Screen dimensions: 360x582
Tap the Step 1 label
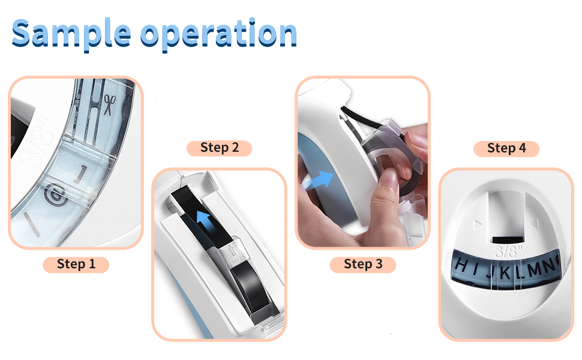click(x=76, y=264)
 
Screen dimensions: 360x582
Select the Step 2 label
click(x=219, y=148)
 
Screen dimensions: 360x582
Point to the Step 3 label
click(x=363, y=264)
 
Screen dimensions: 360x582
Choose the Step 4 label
click(x=506, y=148)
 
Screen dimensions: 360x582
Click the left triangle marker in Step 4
click(x=477, y=225)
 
